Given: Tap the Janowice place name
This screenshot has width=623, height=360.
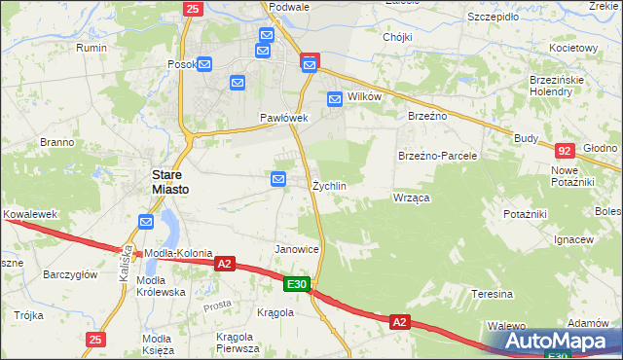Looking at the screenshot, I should tap(298, 249).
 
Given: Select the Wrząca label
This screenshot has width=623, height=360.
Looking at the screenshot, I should tap(411, 198).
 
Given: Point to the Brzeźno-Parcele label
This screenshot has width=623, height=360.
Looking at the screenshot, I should tap(437, 156).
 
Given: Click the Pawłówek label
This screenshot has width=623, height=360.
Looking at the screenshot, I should tap(283, 118).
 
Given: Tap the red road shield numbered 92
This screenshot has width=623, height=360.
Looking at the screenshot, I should tap(565, 151).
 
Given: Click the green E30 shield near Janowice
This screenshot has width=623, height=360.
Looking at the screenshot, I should tap(298, 284).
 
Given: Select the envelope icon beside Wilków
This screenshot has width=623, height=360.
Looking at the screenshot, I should tap(335, 98).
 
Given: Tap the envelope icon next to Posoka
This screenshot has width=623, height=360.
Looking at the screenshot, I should tap(205, 64).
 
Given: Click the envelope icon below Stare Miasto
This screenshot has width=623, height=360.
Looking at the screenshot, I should tap(145, 222).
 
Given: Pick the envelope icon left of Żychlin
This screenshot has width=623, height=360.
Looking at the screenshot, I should tap(278, 179).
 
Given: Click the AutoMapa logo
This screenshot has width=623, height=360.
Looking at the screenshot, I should tap(557, 342).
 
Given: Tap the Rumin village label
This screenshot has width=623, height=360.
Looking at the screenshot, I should tap(92, 48).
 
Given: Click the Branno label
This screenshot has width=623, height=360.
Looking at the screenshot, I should tap(57, 142).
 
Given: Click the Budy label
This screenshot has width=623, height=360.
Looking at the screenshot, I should tap(527, 138).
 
